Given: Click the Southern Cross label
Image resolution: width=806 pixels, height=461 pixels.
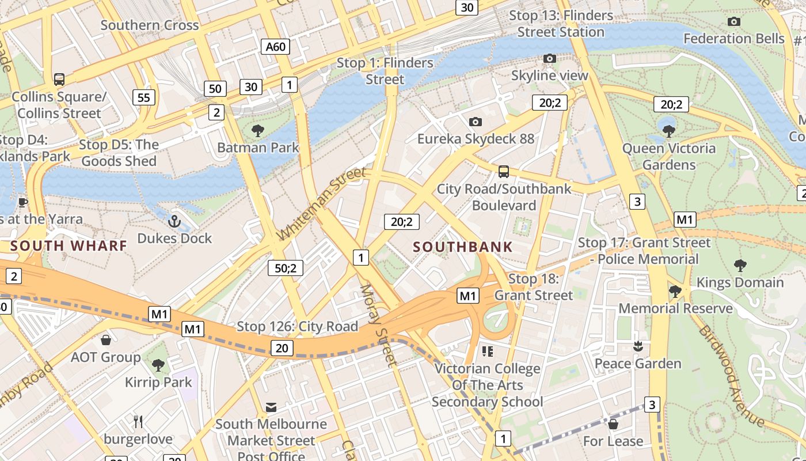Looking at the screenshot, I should point(150,25).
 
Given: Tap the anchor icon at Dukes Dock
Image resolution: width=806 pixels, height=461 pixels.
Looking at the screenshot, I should point(174,221).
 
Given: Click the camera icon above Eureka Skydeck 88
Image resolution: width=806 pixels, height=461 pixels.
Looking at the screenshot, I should point(475,122).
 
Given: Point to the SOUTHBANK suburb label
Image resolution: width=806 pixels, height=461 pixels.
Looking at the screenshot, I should point(463,247).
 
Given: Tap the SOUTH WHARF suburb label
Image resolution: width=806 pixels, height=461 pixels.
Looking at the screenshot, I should point(69,246).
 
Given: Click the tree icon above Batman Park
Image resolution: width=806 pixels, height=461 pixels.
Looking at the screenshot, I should point(258,131).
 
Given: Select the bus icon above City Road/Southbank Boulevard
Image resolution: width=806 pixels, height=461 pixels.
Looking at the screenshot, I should point(504,171).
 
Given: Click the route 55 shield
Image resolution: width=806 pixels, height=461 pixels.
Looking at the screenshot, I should point(143,97).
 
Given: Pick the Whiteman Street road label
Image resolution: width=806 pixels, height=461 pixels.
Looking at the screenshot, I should point(322,204).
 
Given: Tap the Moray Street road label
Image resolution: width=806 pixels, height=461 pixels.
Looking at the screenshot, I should point(379,326).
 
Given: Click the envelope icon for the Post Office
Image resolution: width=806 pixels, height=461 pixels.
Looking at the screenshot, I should point(271,407).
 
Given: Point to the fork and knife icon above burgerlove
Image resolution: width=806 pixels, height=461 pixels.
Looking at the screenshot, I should point(138,422).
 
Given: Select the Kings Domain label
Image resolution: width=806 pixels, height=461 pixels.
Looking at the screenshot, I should point(740,282).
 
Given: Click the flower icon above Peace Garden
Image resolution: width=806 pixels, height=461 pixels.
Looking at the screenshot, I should point(637,346).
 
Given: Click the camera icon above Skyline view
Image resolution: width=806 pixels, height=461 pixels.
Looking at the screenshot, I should point(550,59).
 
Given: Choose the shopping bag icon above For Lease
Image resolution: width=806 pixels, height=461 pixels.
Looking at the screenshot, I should point(613,424).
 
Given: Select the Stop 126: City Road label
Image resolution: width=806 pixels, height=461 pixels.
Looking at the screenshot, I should point(298,327).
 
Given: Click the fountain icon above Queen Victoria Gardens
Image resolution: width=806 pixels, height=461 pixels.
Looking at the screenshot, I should point(668,130).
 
